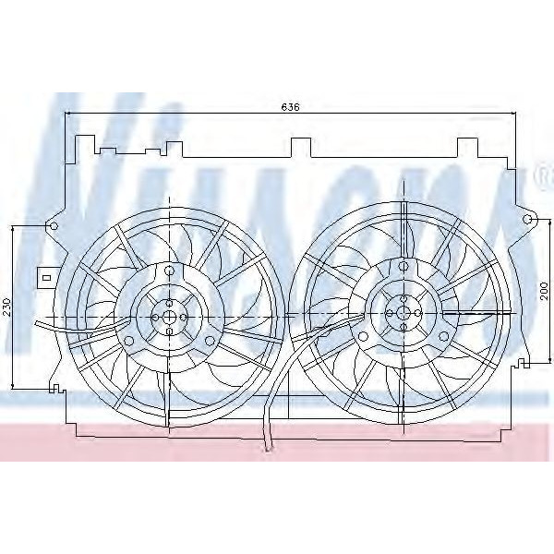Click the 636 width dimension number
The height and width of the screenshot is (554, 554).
point(290,106)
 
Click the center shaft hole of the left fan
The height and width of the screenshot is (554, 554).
point(170,315)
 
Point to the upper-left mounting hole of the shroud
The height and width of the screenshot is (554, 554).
point(53,224)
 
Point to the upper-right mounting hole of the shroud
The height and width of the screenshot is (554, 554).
point(528,220)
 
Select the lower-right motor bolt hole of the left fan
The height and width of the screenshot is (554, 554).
point(211,341)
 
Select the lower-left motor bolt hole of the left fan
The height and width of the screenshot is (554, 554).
point(129,341)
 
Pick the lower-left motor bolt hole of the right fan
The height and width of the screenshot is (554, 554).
point(363,337)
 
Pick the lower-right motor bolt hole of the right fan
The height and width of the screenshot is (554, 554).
point(444,337)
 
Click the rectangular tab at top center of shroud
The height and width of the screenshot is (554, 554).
point(300,147)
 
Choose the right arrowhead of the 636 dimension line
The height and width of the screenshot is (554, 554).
point(512,114)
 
